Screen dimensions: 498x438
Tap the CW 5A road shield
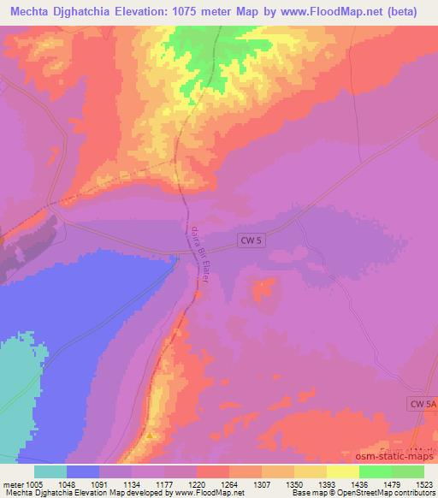tap(417, 401)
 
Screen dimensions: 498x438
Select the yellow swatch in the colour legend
tap(342, 471)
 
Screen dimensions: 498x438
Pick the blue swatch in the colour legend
tap(83, 471)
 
